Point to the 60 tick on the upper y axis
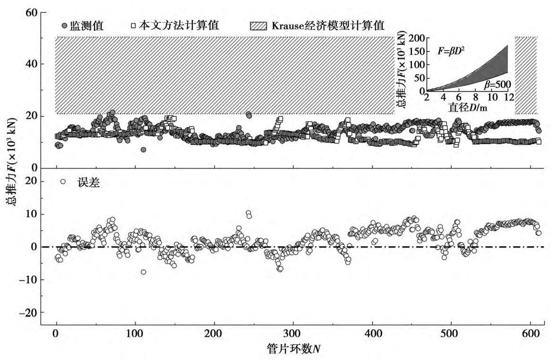point(31,12)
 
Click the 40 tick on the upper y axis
point(31,64)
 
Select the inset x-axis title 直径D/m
point(466,108)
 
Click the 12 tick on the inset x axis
point(508,97)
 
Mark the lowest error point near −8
point(143,272)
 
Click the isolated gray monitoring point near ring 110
point(143,150)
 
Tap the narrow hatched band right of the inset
point(526,76)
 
